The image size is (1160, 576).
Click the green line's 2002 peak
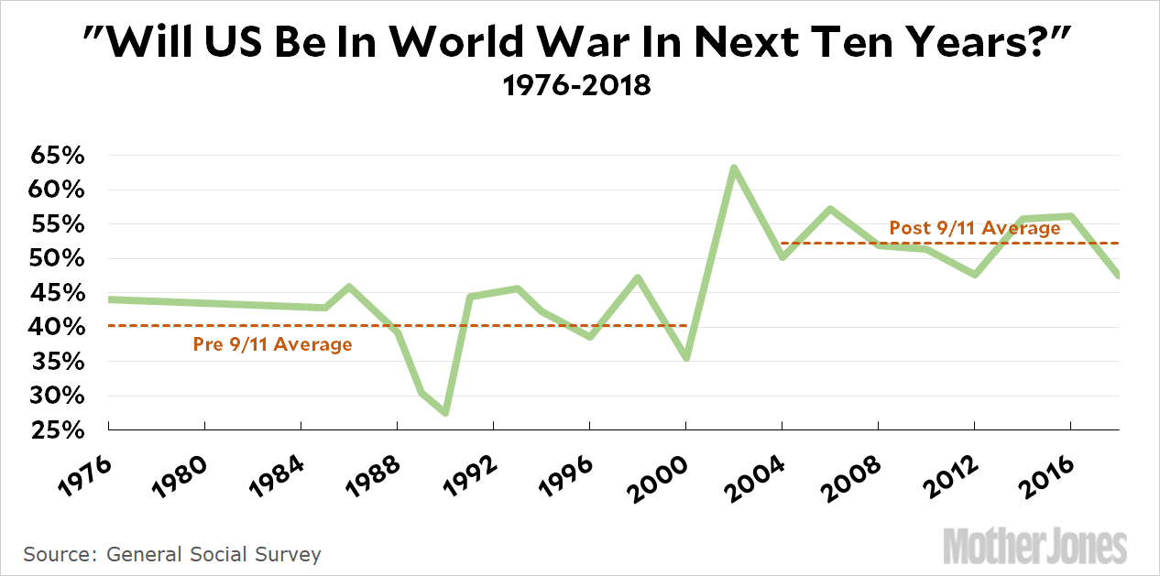734,168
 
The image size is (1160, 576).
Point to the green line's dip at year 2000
686,357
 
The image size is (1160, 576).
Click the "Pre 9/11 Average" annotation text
272,345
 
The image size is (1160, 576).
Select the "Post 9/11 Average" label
975,228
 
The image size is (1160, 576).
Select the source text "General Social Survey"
213,554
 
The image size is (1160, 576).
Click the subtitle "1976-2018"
579,87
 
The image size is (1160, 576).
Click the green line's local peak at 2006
830,210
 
